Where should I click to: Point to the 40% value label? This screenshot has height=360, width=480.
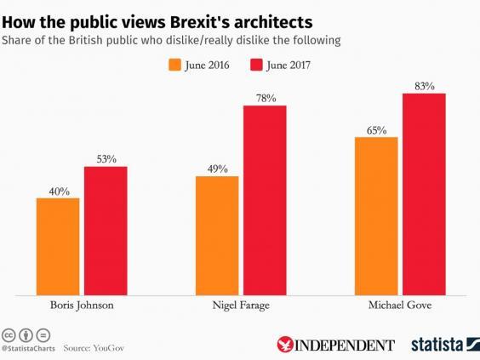pos(57,190)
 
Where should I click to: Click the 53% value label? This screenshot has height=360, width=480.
pos(105,158)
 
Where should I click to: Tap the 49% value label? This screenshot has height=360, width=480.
pos(217,169)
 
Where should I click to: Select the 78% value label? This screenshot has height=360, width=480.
pos(266,99)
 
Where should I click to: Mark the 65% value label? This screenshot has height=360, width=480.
pos(376,129)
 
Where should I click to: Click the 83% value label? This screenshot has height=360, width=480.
pos(424,86)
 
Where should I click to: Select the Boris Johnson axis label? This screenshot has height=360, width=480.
pos(80,305)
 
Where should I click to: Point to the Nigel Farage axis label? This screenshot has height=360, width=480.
pos(240,305)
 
